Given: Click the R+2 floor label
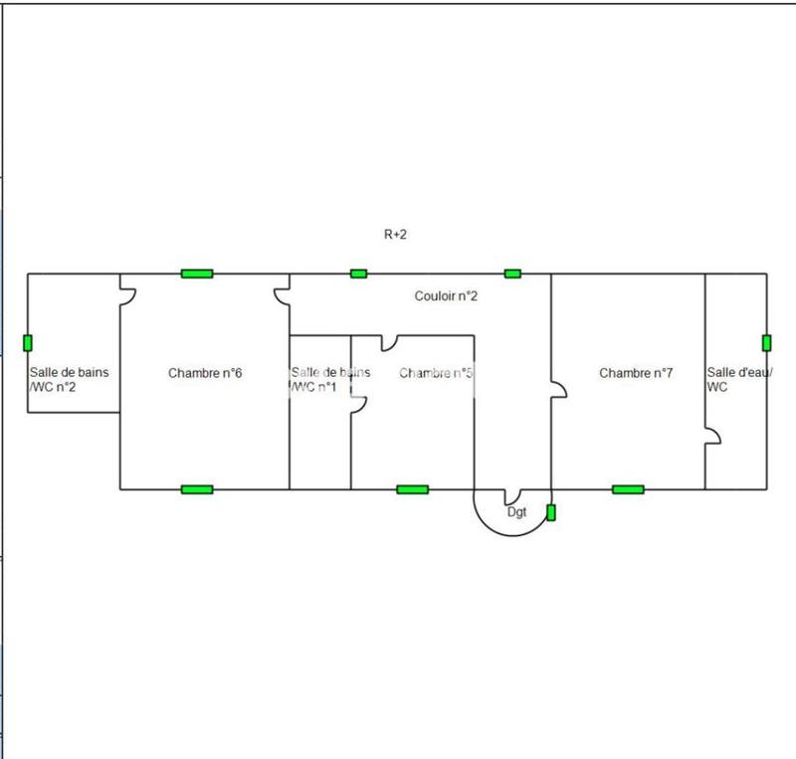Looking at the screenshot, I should pyautogui.click(x=396, y=235).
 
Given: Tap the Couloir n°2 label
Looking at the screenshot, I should pyautogui.click(x=447, y=296).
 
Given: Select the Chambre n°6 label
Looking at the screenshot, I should pyautogui.click(x=205, y=373).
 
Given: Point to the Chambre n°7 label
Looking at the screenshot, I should pyautogui.click(x=636, y=373).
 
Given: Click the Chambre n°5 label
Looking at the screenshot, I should pyautogui.click(x=436, y=373).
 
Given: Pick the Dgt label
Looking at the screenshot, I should pyautogui.click(x=516, y=512).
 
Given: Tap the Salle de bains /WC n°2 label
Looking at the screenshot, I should pyautogui.click(x=69, y=379).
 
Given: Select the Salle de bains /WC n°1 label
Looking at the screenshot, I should pyautogui.click(x=329, y=379).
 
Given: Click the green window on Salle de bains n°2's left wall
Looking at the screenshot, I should pyautogui.click(x=28, y=343).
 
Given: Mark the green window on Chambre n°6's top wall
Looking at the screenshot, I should pyautogui.click(x=197, y=274).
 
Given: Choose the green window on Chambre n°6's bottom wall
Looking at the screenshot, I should pyautogui.click(x=197, y=489).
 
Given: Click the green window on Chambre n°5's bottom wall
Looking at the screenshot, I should pyautogui.click(x=412, y=489).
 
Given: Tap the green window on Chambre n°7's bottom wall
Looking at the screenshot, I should pyautogui.click(x=628, y=489).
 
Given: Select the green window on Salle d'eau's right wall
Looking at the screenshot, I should pyautogui.click(x=766, y=343).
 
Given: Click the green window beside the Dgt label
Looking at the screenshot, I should pyautogui.click(x=550, y=513).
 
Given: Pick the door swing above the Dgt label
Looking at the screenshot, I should pyautogui.click(x=512, y=496).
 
